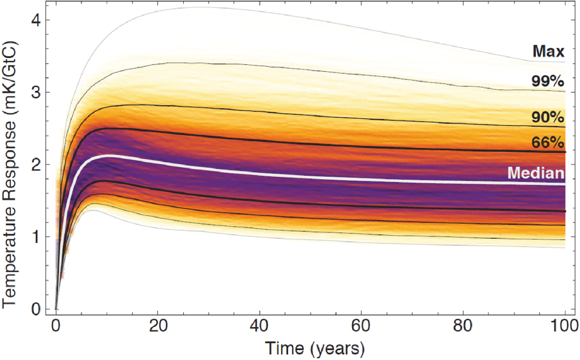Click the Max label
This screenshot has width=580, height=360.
pyautogui.click(x=548, y=52)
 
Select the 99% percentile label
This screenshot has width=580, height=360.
pyautogui.click(x=548, y=81)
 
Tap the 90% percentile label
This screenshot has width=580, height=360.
pyautogui.click(x=548, y=118)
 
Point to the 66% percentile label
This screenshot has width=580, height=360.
pyautogui.click(x=548, y=142)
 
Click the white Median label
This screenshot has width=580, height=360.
pyautogui.click(x=536, y=173)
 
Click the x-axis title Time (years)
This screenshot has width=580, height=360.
pyautogui.click(x=315, y=349)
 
